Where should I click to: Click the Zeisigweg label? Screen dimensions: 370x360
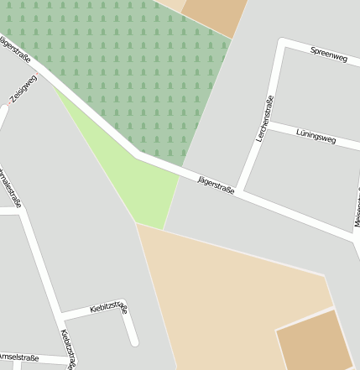coord(23,89)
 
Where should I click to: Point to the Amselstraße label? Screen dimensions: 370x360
coord(18,357)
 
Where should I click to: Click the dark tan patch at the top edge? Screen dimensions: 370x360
coord(214,15)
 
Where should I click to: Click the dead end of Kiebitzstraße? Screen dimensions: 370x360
coord(133,341)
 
